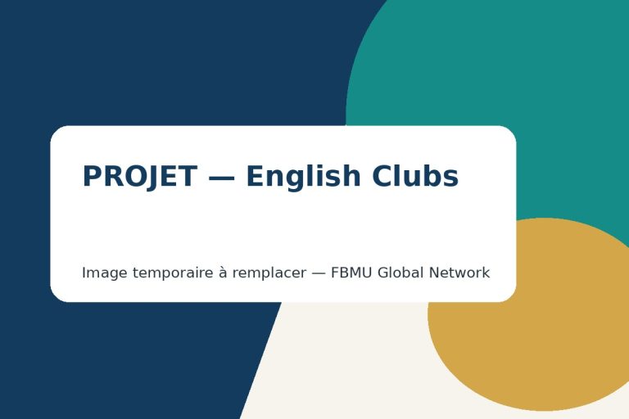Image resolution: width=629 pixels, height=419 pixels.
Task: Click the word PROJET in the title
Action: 139,177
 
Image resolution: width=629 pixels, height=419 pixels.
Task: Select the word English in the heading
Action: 303,177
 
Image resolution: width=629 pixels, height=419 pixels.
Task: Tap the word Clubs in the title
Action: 415,176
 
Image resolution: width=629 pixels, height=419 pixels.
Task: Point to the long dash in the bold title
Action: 221,178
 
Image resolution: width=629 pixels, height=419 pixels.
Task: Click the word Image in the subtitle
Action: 105,273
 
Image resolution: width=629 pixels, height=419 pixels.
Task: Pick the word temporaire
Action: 173,273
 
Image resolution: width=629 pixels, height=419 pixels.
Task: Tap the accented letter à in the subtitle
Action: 223,273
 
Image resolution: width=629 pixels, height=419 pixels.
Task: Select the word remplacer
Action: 269,273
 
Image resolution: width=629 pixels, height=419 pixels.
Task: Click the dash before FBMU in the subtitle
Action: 319,273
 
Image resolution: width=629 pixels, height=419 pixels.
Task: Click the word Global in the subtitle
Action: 400,273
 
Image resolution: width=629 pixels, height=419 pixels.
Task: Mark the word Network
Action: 459,273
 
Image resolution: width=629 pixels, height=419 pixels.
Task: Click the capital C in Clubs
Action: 382,176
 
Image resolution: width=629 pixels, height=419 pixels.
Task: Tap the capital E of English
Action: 256,176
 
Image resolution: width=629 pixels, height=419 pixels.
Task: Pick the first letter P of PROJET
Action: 92,176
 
